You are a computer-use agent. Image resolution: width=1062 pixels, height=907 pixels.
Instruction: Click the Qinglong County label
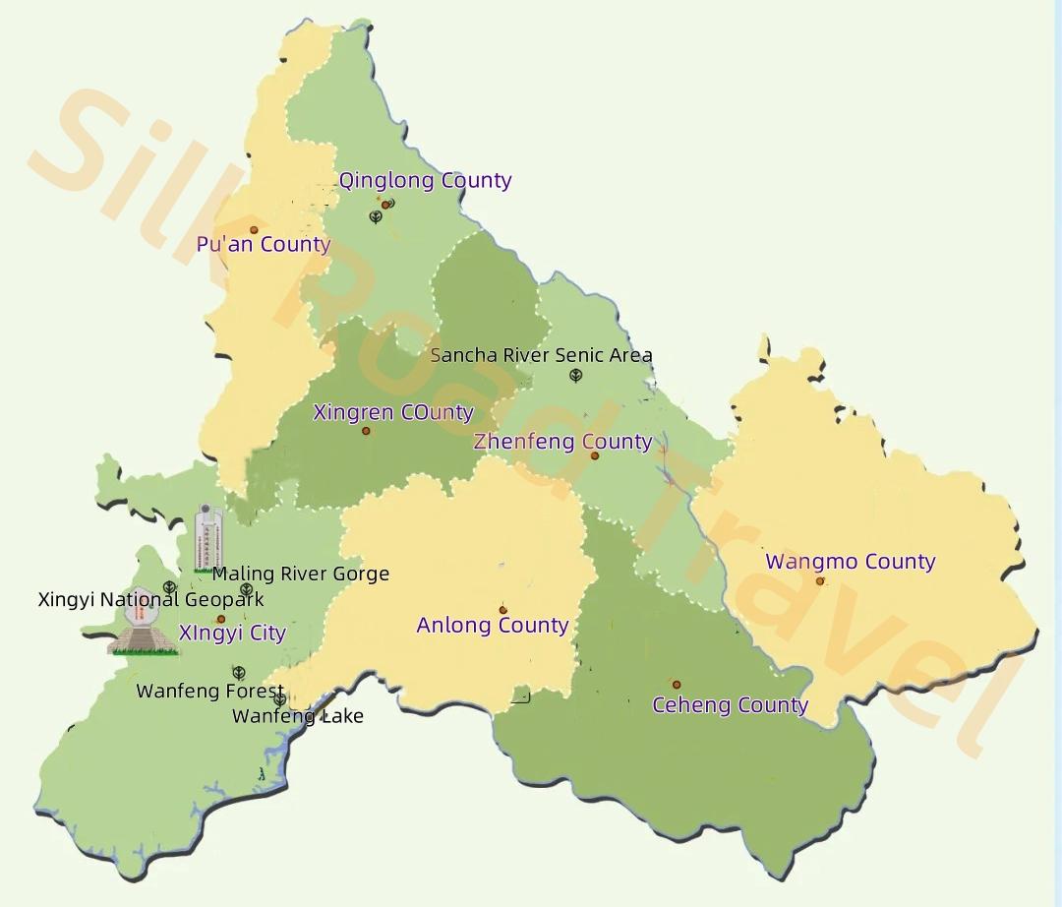(425, 181)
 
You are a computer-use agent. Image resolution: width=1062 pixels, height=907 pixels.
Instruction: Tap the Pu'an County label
(264, 245)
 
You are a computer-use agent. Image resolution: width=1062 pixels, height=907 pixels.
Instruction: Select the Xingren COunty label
(393, 413)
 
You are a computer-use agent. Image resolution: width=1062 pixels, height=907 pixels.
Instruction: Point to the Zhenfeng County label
(562, 442)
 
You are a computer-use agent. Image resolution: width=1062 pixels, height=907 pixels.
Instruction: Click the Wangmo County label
(851, 563)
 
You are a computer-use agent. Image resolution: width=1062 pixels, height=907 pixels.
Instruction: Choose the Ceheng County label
(730, 705)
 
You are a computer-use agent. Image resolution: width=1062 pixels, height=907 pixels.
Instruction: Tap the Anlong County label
(493, 626)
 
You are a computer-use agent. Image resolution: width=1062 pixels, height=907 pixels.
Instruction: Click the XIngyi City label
(232, 634)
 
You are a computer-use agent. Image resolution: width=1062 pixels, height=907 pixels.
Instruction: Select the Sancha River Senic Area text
(542, 356)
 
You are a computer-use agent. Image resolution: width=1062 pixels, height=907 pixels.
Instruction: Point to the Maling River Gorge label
(301, 574)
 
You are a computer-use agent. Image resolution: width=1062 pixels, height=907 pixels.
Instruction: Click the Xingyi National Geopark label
(150, 600)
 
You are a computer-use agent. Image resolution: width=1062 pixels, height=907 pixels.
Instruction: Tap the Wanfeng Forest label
(209, 692)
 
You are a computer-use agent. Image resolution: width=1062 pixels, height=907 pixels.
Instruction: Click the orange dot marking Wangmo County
(820, 581)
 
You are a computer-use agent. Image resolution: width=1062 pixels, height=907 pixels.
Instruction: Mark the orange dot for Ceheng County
(677, 685)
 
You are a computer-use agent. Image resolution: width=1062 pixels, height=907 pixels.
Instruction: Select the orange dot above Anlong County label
(502, 610)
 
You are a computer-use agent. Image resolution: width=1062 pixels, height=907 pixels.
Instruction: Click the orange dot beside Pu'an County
(254, 230)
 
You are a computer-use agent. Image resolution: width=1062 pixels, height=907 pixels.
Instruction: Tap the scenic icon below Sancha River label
(576, 376)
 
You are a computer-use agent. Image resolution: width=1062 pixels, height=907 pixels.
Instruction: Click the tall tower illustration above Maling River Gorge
(207, 538)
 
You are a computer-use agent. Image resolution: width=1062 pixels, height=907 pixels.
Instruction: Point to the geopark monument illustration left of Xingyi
(144, 630)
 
